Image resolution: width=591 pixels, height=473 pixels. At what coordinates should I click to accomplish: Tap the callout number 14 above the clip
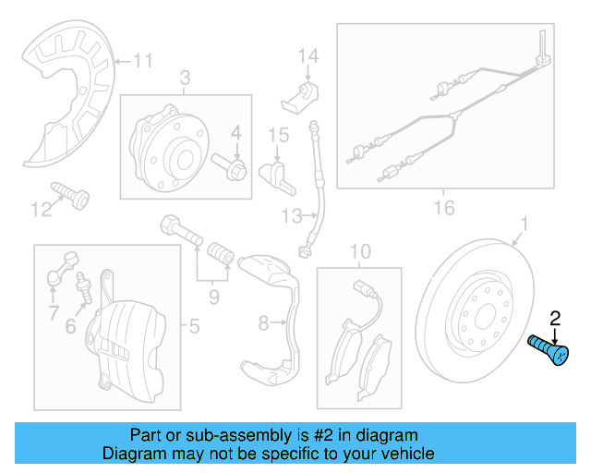point(308,57)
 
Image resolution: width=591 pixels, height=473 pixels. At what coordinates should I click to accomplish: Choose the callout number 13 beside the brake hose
point(292,216)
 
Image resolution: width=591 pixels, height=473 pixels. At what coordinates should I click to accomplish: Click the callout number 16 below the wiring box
point(444,208)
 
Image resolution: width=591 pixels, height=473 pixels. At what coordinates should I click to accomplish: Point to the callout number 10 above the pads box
point(359,251)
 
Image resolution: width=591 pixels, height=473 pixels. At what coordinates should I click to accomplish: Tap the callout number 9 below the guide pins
point(213,297)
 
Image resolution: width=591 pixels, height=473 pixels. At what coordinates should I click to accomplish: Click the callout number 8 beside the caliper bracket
point(262,323)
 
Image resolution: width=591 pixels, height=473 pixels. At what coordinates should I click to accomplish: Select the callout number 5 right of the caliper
point(194,325)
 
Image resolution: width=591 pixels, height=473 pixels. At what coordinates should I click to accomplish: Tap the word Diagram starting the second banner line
point(132,454)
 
